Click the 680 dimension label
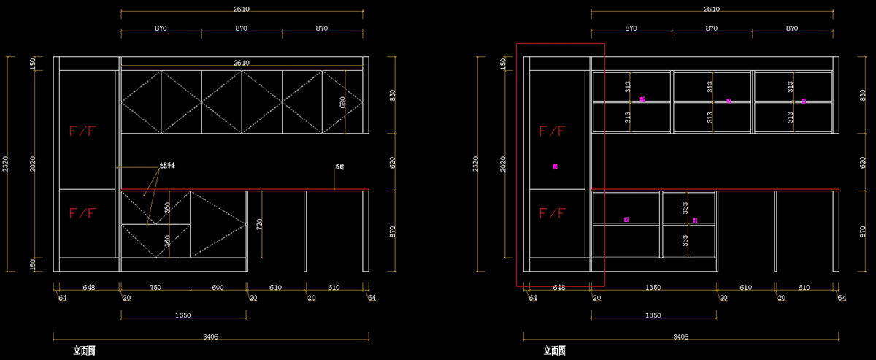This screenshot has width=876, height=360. [342, 102]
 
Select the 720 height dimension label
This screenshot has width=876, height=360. [258, 223]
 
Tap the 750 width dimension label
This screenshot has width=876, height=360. [155, 288]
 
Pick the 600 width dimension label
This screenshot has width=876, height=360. [218, 288]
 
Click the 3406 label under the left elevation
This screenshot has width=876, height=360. [211, 337]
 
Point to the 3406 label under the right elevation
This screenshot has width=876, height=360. [681, 337]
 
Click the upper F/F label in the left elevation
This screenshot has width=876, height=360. [82, 131]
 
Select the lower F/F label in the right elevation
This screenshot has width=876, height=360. [552, 213]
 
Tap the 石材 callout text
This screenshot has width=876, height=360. [339, 167]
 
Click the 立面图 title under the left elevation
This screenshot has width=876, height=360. [84, 351]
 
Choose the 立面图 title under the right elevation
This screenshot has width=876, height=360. [554, 351]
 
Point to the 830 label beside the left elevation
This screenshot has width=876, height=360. [392, 95]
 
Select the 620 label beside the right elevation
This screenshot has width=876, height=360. [862, 161]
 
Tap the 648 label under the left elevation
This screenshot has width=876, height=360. [88, 288]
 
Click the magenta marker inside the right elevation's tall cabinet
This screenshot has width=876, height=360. [556, 166]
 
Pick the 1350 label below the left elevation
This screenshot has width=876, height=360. [182, 315]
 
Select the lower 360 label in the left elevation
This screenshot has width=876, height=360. [167, 240]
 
